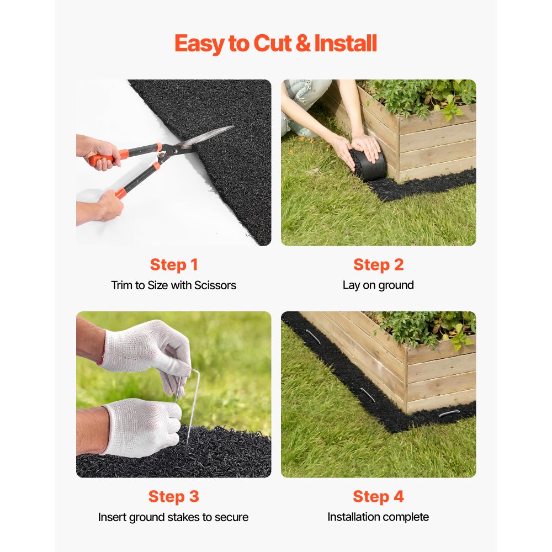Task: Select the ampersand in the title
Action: coord(303,44)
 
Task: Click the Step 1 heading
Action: coord(173,265)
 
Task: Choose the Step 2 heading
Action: coord(378,265)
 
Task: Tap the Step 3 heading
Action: coord(173,497)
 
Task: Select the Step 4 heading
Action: coord(378,497)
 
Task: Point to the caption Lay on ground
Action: coord(378,285)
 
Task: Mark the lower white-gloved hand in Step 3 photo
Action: coord(141,428)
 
